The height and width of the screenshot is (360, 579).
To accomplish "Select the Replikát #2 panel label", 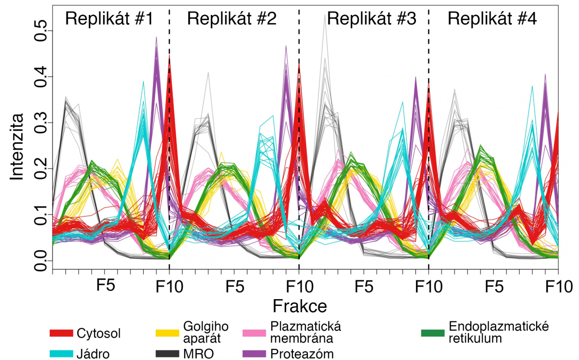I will pos(232,19).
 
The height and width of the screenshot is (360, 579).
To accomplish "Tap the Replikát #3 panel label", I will pos(371,19).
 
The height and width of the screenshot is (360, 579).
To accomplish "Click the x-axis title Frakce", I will pos(300,305).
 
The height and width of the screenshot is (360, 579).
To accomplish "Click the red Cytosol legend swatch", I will pos(61,333).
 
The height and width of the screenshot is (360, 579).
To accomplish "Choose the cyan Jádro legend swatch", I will pos(61,353).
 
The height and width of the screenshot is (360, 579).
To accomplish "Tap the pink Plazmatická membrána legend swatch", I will pos(255,333).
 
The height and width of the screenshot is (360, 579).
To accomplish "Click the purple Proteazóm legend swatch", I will pos(255,353).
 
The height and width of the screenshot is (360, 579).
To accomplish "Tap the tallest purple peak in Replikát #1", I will pos(156,38).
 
